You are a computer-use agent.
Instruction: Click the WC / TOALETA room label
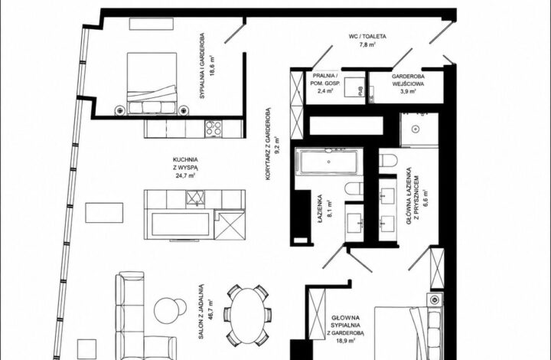367,36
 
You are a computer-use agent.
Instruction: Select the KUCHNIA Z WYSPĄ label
185,164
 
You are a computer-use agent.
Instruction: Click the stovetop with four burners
214,129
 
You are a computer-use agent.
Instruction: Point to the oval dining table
248,316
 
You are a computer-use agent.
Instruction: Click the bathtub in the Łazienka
329,162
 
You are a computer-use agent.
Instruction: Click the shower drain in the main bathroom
416,129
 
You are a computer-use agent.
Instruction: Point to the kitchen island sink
195,198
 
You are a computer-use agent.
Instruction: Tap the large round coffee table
167,311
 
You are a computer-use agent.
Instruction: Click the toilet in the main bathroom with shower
388,161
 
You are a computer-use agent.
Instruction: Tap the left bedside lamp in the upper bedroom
120,110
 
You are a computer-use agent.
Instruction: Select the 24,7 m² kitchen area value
185,175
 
